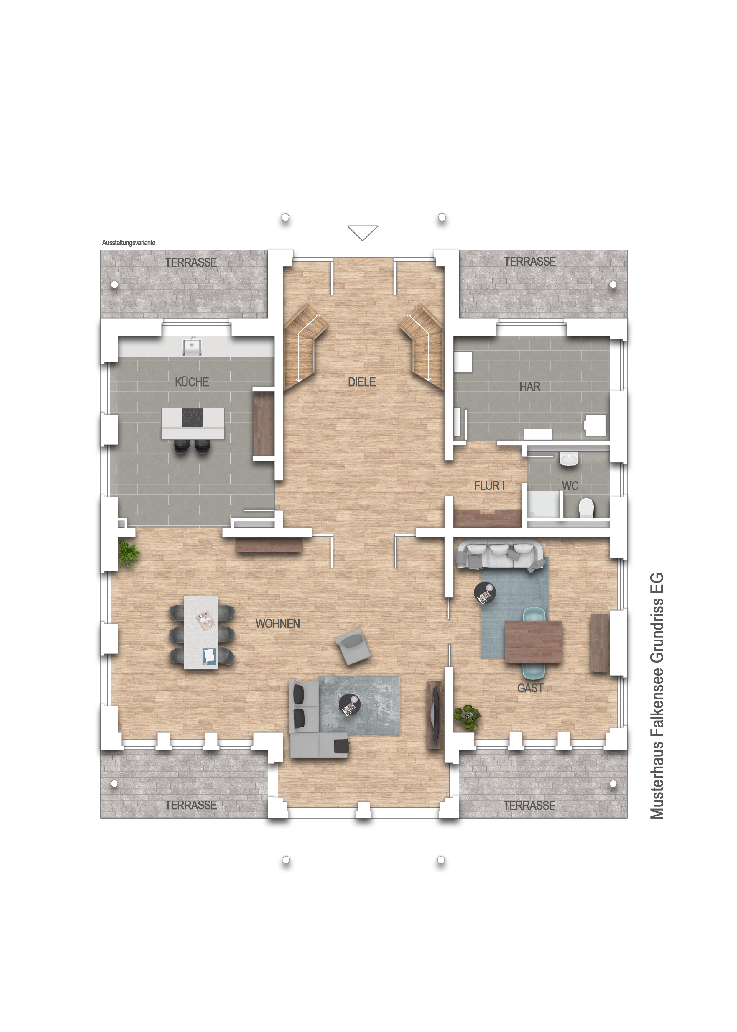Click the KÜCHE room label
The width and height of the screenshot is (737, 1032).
pos(192,382)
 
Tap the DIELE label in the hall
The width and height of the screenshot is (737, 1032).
pos(362,382)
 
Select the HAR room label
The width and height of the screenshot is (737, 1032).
pos(529,387)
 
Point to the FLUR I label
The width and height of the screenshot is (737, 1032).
pos(489,486)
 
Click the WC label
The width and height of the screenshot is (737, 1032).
pos(570,486)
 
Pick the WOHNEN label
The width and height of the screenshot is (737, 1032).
pos(278,624)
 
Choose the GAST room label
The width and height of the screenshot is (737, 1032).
pos(530,688)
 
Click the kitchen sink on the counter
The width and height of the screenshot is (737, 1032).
pos(192,347)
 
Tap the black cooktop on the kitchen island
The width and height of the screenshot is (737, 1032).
pos(193,418)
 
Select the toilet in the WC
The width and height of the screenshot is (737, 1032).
pos(586,508)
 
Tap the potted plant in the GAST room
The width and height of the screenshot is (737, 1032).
pos(468,717)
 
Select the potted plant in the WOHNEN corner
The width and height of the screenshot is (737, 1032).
pos(129,554)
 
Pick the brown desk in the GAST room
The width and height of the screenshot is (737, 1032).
pos(533,642)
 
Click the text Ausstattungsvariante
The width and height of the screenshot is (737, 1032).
pos(129,243)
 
